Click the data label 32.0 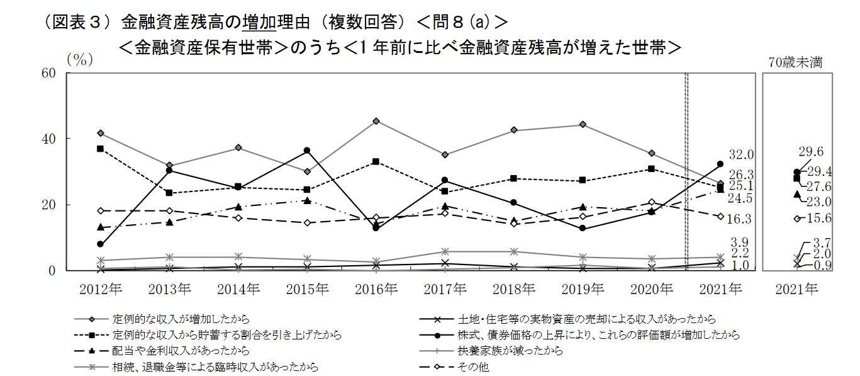742,155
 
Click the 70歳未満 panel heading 796,62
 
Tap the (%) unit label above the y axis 81,60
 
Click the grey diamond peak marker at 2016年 376,121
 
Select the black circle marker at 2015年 307,151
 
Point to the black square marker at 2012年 100,149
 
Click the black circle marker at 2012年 100,244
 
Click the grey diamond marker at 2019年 583,125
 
